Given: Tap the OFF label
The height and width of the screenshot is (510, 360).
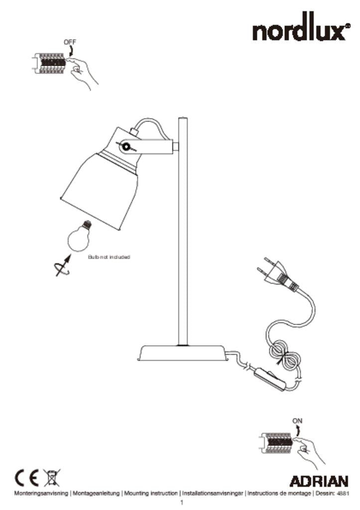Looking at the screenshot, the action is tap(70, 42).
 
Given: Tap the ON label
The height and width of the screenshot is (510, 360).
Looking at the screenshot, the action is tap(297, 420).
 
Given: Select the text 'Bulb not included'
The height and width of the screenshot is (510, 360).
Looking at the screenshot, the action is tap(109, 257).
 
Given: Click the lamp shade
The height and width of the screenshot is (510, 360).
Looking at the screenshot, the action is tap(99, 191).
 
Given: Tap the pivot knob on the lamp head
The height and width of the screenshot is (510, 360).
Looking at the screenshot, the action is tap(124, 147).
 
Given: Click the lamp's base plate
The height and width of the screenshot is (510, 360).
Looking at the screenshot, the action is tap(182, 353).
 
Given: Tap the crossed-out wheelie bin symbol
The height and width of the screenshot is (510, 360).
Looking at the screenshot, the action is tap(52, 478).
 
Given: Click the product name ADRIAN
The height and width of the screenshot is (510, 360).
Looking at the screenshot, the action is tap(319, 482).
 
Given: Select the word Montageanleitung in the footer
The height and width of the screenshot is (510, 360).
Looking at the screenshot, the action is tap(96, 494).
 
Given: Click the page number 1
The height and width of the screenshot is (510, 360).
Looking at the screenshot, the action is tap(182, 503).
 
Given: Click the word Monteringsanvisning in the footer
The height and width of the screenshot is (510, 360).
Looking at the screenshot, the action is tap(41, 494).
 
